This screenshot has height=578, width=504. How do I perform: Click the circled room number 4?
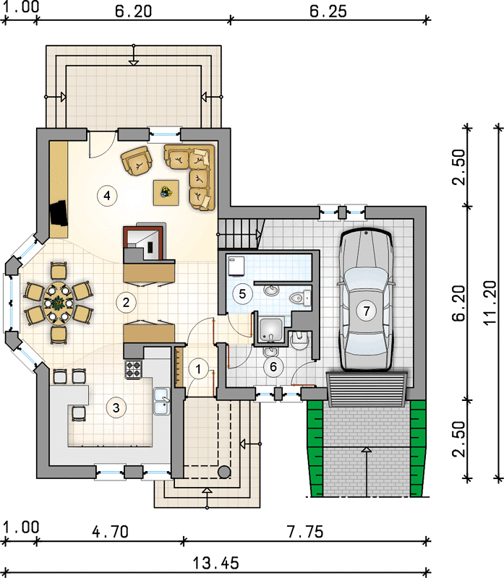(x=107, y=195)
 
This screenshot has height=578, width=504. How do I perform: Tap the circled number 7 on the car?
(x=367, y=311)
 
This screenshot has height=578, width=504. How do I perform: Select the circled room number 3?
(x=116, y=407)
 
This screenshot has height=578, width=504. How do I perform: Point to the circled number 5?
(x=242, y=294)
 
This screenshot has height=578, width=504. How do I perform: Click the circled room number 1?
(x=198, y=368)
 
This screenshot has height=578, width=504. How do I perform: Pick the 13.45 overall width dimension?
(x=215, y=564)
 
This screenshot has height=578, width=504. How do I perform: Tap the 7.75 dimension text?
(x=305, y=532)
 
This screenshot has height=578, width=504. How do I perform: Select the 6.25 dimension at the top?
(x=328, y=12)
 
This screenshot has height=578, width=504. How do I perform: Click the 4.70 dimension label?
(x=111, y=532)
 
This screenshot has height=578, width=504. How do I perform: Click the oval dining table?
(x=58, y=303)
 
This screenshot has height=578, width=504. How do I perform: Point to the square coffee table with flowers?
(x=166, y=192)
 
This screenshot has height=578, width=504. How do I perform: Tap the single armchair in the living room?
(x=137, y=160)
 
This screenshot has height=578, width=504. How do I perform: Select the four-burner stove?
(x=134, y=369)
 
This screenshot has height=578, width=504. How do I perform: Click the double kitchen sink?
(x=161, y=401)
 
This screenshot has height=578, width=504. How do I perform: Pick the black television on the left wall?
(x=59, y=212)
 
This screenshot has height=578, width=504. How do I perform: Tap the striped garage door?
(x=367, y=389)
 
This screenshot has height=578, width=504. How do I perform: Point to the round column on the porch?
(x=224, y=472)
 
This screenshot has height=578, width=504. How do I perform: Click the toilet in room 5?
(x=300, y=297)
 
